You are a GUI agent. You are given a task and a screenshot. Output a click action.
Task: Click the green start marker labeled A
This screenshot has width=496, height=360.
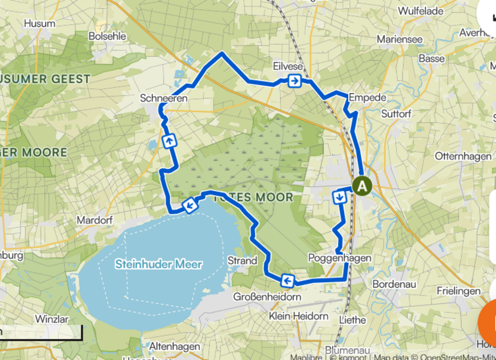[x=362, y=186]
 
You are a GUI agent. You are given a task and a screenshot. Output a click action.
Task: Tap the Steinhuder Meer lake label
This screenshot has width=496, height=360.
[x=159, y=264]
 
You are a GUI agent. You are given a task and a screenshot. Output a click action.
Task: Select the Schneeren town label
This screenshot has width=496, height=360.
[x=163, y=98]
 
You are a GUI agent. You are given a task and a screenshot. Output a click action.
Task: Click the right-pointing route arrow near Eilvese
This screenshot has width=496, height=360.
[x=294, y=81]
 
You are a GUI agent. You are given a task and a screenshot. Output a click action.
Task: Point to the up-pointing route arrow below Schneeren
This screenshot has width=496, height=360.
[x=169, y=141]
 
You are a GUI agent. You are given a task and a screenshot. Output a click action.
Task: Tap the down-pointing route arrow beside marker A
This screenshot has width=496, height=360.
[x=340, y=197]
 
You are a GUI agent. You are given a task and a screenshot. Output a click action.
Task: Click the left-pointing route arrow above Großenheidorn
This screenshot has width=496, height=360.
[x=287, y=280]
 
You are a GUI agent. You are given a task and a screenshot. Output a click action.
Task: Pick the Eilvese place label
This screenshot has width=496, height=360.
[x=288, y=66]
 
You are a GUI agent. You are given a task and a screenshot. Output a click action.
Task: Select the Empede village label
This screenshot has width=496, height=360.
[x=367, y=97]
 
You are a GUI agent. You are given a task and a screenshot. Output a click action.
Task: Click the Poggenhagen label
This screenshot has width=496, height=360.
[x=340, y=258]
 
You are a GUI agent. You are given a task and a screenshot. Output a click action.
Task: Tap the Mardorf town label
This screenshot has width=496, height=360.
[x=93, y=220]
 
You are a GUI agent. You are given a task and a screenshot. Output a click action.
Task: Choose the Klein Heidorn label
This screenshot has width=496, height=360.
[x=299, y=316]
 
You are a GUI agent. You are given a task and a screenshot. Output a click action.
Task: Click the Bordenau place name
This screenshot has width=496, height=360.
[x=394, y=283]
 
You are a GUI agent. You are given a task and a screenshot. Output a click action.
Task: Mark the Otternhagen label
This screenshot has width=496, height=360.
[x=463, y=156]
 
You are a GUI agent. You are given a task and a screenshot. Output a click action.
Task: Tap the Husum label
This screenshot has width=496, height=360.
[x=40, y=23]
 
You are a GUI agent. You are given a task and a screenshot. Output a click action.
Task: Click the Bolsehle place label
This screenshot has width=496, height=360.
[x=107, y=36]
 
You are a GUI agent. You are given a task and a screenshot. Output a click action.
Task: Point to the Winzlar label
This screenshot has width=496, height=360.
[x=51, y=319]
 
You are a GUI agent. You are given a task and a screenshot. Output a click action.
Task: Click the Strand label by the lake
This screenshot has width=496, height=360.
[x=243, y=261]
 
